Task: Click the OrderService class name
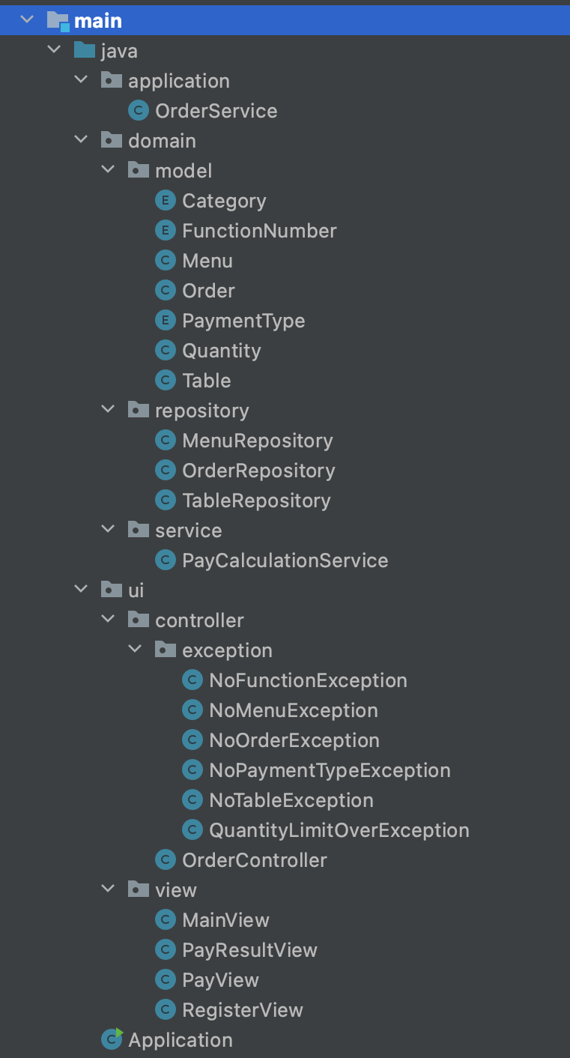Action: coord(216,111)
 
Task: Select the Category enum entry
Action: coord(224,201)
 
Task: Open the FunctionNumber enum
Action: coord(259,231)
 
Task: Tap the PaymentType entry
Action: coord(243,321)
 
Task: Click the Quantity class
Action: coord(222,351)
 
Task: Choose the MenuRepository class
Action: coord(257,441)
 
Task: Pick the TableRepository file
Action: coord(256,501)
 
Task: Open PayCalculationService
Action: coord(285,560)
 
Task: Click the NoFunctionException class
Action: coord(308,680)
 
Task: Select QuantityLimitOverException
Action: coord(339,830)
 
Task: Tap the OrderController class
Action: coord(254,860)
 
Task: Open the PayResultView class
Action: coord(249,950)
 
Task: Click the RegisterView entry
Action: coord(243,1010)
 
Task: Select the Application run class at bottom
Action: coord(180,1040)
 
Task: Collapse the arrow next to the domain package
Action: coord(81,140)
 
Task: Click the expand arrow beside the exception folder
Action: coord(136,650)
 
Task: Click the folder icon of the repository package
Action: coord(138,411)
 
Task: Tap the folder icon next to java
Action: coord(84,51)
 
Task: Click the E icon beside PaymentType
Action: coord(165,321)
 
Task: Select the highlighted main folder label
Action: coord(97,21)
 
